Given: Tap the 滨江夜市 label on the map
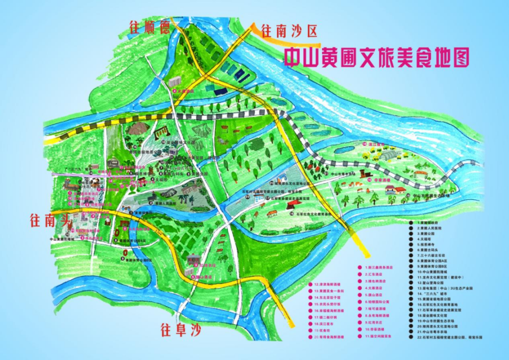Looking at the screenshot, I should (x=373, y=145).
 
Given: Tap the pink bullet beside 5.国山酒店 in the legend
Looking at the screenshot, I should (x=359, y=295).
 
